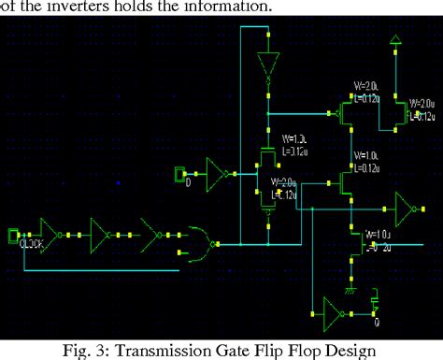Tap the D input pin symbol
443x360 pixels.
point(182,173)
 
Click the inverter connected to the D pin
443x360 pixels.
point(218,173)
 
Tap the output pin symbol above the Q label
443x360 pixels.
point(375,304)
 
